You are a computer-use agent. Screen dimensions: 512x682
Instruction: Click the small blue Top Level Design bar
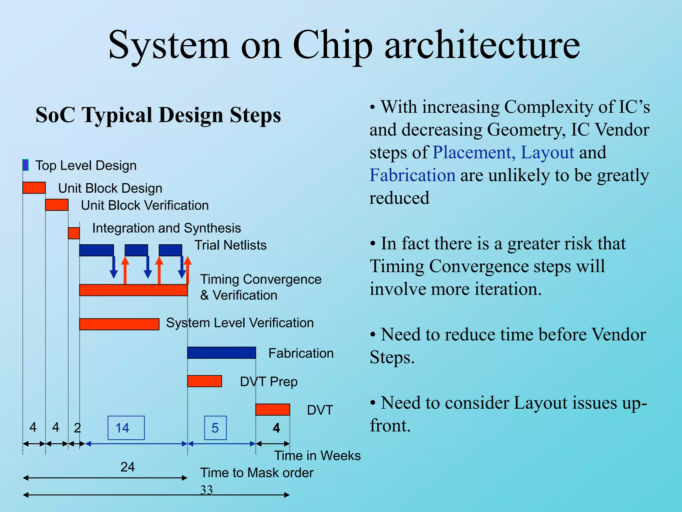(x=26, y=165)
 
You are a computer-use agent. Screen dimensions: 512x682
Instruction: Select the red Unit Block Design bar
(x=34, y=188)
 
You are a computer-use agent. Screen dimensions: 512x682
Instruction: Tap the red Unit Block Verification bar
(x=57, y=205)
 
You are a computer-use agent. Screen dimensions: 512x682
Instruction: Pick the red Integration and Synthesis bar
(x=74, y=233)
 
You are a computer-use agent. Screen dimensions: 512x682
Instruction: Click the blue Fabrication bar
(x=221, y=353)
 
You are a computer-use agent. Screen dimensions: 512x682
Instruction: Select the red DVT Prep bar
(x=204, y=381)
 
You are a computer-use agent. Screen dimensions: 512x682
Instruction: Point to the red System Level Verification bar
(x=119, y=324)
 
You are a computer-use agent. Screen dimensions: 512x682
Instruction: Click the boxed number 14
(x=126, y=428)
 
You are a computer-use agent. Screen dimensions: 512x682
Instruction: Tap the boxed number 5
(x=215, y=428)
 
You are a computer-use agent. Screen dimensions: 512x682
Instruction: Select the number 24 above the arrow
(x=128, y=467)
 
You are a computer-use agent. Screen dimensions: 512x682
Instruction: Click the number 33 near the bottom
(x=206, y=490)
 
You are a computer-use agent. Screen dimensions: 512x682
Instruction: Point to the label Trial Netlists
(x=230, y=245)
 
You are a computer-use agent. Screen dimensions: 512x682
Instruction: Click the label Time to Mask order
(x=257, y=473)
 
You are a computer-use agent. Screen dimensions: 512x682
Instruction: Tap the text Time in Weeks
(x=317, y=455)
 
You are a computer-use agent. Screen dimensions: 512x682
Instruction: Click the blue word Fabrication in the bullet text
(x=412, y=175)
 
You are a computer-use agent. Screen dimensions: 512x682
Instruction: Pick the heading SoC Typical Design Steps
(x=158, y=115)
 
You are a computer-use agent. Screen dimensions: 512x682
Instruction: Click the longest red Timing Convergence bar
(x=133, y=290)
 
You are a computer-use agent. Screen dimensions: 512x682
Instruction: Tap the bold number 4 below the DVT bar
(x=276, y=428)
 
